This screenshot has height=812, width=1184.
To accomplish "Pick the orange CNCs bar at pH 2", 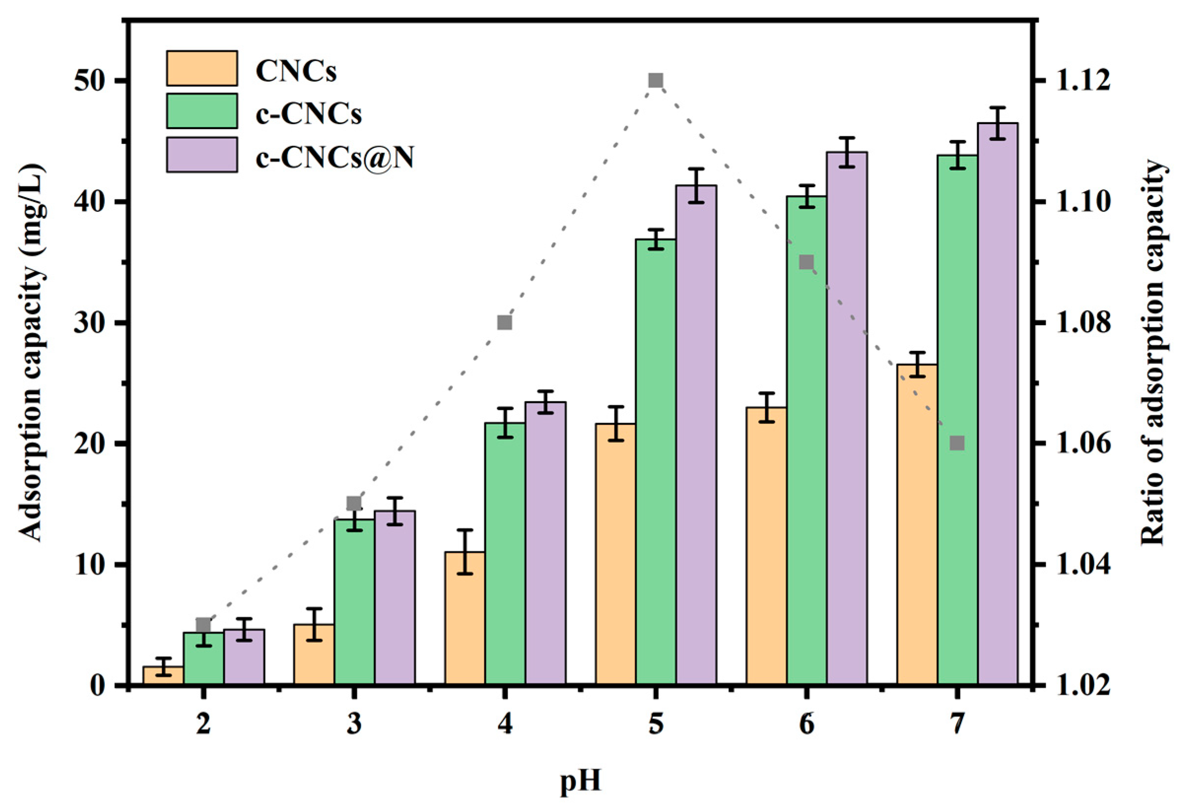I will [x=163, y=676].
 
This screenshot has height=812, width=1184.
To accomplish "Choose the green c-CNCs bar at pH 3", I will [x=354, y=601].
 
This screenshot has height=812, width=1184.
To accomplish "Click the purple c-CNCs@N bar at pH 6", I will [x=846, y=418].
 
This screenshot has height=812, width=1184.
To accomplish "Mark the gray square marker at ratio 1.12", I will [x=656, y=80].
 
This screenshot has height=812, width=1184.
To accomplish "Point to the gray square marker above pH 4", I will [x=505, y=322].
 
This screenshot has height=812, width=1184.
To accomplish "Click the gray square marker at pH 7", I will [x=957, y=443].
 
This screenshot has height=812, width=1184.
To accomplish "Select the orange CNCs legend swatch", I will [x=202, y=68].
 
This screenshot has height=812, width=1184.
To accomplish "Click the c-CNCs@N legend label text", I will [x=334, y=158].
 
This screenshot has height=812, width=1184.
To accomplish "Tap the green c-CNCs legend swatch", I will [x=202, y=111].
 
